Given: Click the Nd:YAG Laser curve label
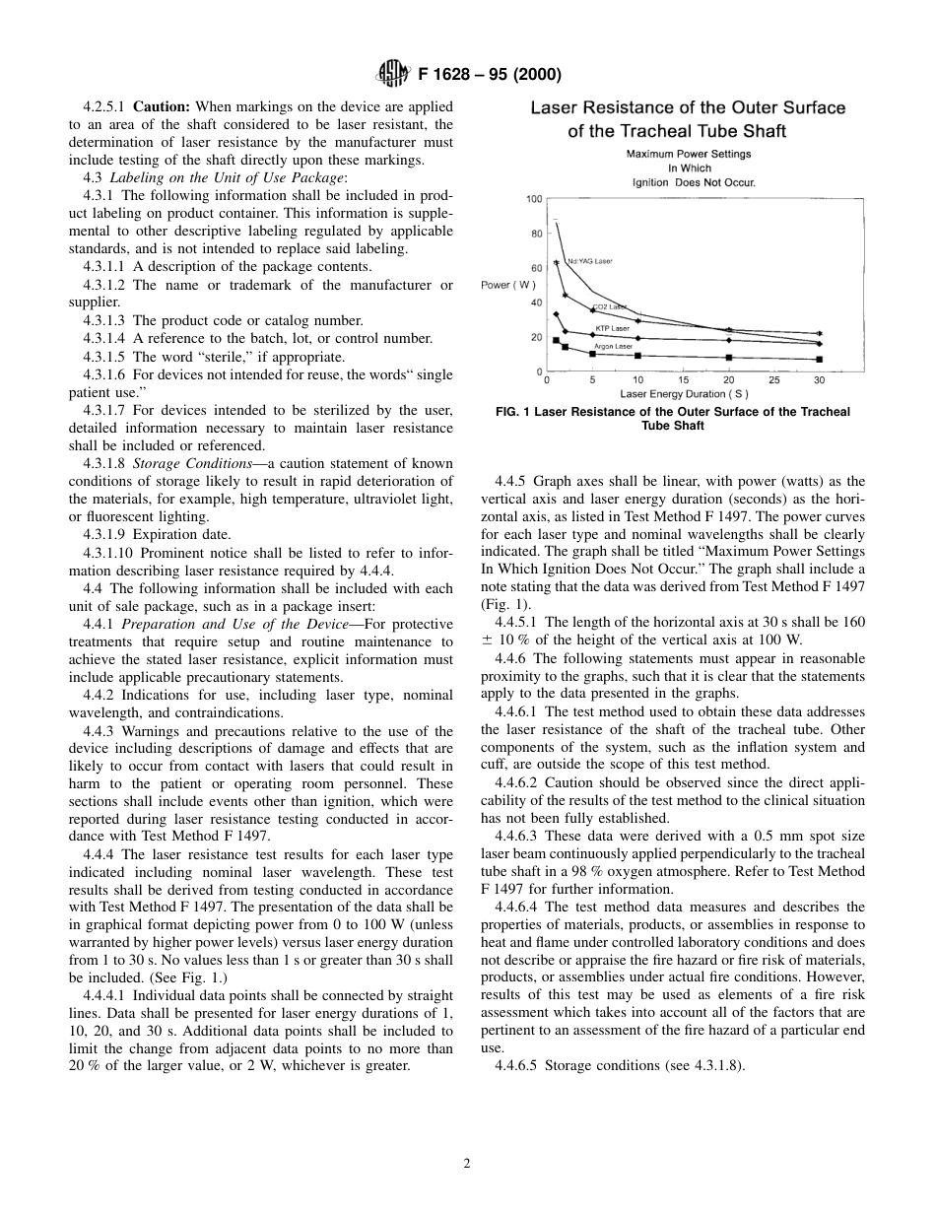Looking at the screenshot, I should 589,261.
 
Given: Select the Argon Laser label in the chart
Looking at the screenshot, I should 613,346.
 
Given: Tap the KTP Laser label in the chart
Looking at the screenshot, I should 612,328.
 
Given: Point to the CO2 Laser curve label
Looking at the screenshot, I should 609,307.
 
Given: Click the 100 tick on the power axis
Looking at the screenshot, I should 534,199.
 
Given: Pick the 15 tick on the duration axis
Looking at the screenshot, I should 684,380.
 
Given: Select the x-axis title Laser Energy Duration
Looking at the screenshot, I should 684,394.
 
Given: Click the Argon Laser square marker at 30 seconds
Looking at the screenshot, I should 820,359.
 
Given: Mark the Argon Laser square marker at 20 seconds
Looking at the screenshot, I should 729,358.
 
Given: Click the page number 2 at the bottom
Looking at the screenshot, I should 467,1164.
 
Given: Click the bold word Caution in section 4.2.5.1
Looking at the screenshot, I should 161,106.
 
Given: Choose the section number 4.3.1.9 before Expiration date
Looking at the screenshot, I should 106,535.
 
